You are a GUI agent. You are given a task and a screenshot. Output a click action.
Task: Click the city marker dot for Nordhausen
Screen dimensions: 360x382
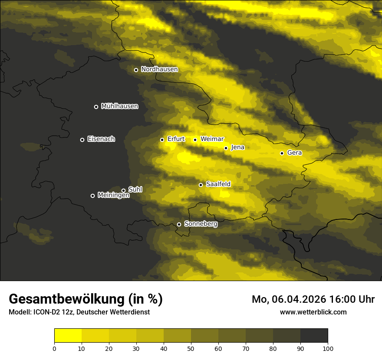click(x=136, y=70)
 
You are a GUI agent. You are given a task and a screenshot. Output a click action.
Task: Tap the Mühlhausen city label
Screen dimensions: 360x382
click(x=119, y=106)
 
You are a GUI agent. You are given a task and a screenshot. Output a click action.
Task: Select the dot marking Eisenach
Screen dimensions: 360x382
click(x=82, y=140)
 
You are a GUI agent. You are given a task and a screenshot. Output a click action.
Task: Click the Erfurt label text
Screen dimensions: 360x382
click(x=176, y=139)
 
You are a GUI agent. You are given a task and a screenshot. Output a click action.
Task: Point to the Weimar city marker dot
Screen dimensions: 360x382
click(x=195, y=140)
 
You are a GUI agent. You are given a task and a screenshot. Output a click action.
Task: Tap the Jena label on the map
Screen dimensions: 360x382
click(x=237, y=147)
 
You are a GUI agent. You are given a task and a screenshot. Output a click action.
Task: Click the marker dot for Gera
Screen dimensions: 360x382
click(x=282, y=153)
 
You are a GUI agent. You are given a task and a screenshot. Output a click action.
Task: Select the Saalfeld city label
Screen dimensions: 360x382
click(x=218, y=184)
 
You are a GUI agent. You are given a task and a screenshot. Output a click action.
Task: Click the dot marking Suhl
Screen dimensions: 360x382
click(x=123, y=190)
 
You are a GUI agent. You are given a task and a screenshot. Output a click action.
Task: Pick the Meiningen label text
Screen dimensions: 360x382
click(x=113, y=196)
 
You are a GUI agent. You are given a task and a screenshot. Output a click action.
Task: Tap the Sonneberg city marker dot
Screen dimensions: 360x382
click(x=179, y=224)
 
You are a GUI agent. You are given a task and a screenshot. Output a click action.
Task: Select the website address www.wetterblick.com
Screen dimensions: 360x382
click(x=313, y=312)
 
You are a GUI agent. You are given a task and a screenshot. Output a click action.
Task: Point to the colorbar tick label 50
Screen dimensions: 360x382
click(x=191, y=348)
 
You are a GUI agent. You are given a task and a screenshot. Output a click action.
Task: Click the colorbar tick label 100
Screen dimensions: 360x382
click(x=328, y=348)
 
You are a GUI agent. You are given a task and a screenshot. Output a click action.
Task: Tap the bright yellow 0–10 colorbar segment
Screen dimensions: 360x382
click(x=68, y=335)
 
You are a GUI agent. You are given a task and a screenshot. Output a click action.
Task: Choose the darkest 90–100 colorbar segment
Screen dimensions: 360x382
click(x=314, y=335)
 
